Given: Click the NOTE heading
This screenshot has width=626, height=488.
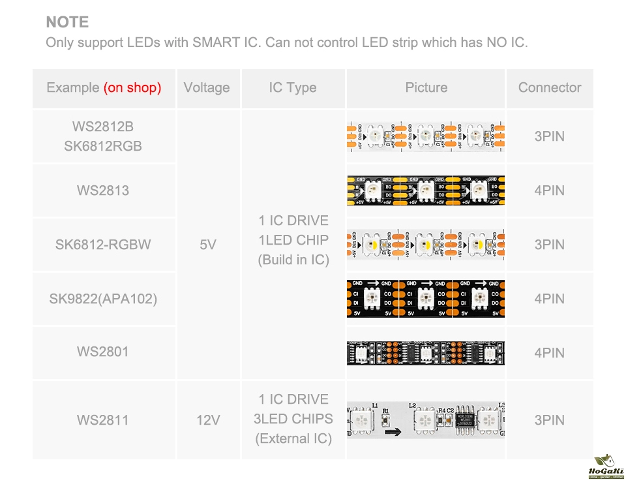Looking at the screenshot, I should (x=67, y=22).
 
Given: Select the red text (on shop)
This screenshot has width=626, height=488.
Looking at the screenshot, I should (x=132, y=88).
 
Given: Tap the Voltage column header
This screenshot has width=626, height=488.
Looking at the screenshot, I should (x=207, y=88).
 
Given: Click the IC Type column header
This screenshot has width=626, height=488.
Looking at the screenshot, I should (x=293, y=88).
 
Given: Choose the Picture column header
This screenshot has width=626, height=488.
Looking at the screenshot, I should (x=426, y=88).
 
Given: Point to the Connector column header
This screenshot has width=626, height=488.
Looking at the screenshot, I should (x=549, y=88).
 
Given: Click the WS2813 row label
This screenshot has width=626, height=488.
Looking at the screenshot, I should (x=103, y=191).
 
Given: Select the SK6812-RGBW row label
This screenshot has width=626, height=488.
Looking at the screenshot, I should (x=103, y=245).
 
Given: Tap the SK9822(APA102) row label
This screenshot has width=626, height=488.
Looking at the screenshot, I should (x=103, y=299).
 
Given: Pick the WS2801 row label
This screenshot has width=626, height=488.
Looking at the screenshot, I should (x=103, y=352).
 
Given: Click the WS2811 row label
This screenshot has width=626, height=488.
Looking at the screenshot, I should (x=103, y=419).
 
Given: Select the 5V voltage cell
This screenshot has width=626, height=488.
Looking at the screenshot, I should (x=207, y=245).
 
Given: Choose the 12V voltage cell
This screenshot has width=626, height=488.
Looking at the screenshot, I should (x=207, y=420).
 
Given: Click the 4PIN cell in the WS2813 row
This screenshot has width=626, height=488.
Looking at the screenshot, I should (x=549, y=191).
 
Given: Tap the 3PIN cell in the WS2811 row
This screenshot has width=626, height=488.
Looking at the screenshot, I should (x=549, y=419).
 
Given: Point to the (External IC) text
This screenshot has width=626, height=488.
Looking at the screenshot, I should (x=293, y=438).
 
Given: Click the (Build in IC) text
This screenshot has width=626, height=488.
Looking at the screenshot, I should (x=293, y=260).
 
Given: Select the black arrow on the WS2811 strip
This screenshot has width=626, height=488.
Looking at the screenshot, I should (x=393, y=431).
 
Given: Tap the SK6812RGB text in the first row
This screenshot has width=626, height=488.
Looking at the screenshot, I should (x=103, y=146).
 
